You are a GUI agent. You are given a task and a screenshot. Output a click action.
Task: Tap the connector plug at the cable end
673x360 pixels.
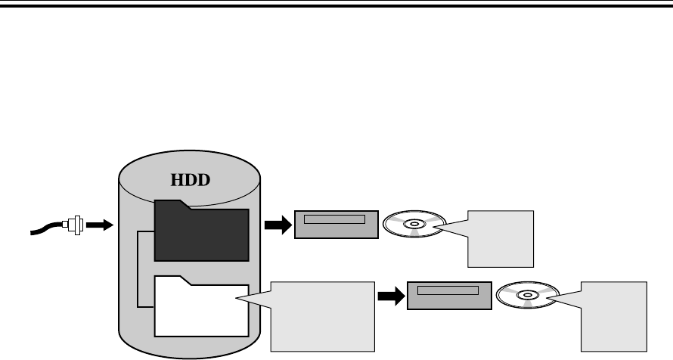pyautogui.click(x=74, y=225)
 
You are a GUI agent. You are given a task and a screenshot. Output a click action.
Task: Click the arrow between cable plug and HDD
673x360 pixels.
pyautogui.click(x=98, y=225)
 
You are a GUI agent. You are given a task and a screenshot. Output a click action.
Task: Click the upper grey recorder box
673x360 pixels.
pyautogui.click(x=336, y=225)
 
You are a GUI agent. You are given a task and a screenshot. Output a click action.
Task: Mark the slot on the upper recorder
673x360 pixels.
pyautogui.click(x=334, y=220)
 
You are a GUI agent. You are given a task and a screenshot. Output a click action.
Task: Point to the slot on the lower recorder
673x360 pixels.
pyautogui.click(x=448, y=290)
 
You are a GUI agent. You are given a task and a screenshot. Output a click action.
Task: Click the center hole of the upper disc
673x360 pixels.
pyautogui.click(x=413, y=224)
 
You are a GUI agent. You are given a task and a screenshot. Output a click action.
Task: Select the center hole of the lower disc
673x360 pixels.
pyautogui.click(x=527, y=295)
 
